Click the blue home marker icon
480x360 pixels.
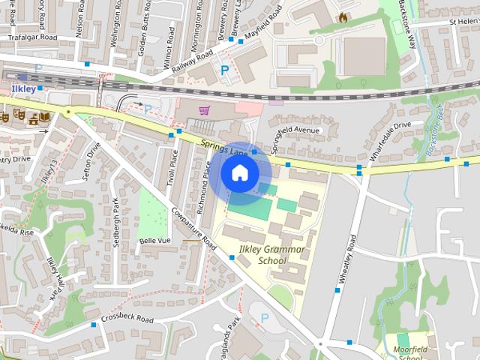pyautogui.click(x=239, y=173)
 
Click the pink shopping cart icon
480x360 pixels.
pyautogui.click(x=204, y=110)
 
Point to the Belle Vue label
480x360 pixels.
pyautogui.click(x=157, y=241)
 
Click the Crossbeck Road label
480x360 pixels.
pyautogui.click(x=126, y=320)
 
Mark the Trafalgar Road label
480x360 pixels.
pyautogui.click(x=33, y=35)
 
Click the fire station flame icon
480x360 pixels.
pyautogui.click(x=343, y=16)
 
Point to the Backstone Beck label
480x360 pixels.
pyautogui.click(x=436, y=129)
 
